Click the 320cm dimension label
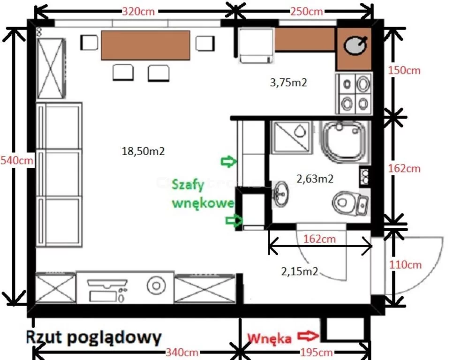click(138, 12)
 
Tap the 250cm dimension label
click(307, 12)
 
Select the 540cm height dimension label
click(17, 160)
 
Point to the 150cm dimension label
click(404, 70)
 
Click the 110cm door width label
click(406, 265)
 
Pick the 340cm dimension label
click(182, 352)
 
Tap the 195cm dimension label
click(317, 352)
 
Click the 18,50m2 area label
click(143, 151)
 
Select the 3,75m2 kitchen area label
click(288, 82)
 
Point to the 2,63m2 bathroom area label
click(315, 179)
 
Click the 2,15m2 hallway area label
click(300, 271)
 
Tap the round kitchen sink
click(355, 45)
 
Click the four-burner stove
click(354, 93)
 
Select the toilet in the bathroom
click(350, 203)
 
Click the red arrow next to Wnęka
click(308, 336)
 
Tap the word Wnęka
click(269, 338)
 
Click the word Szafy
click(188, 185)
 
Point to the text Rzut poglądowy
click(94, 337)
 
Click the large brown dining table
click(145, 45)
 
